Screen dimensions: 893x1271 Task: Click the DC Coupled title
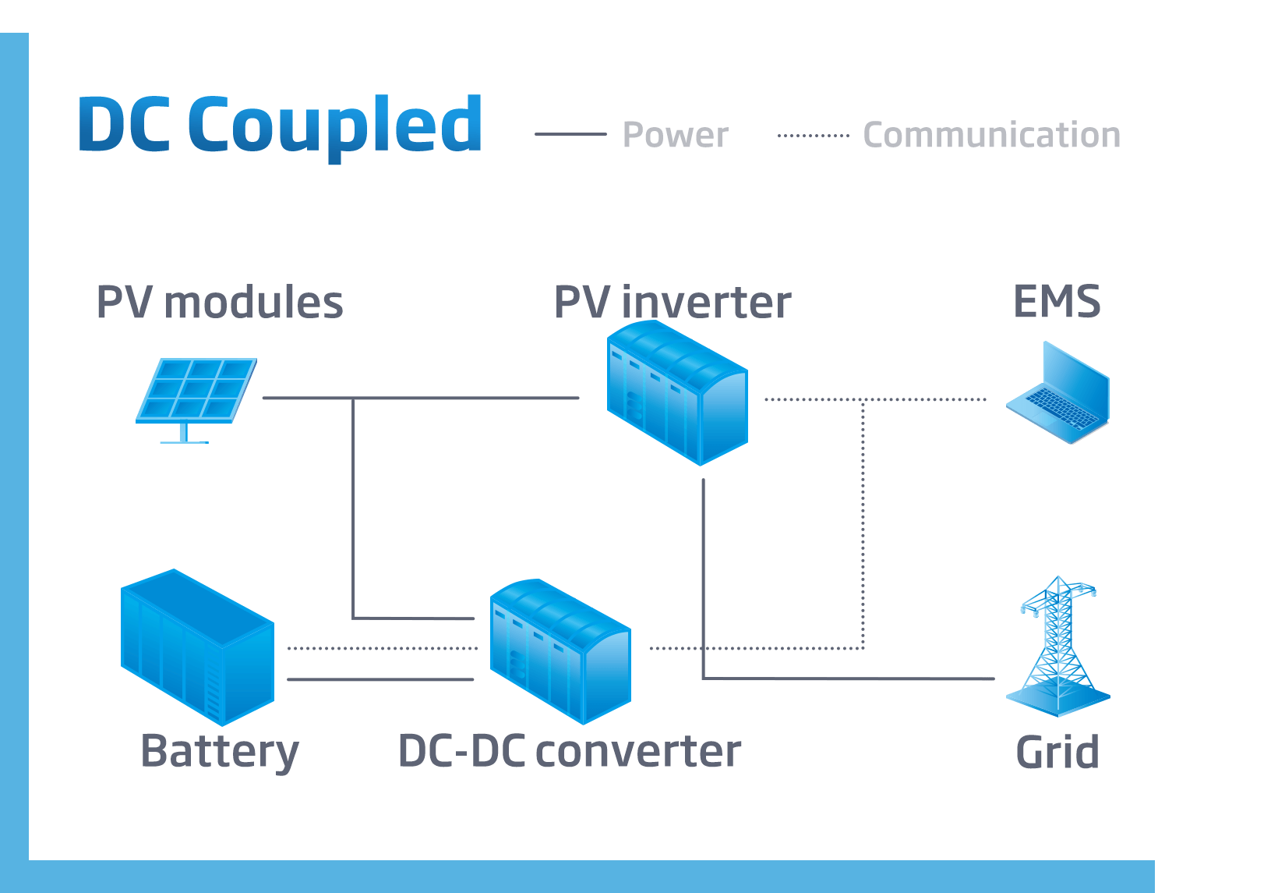pyautogui.click(x=281, y=125)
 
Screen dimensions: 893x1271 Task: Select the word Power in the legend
pyautogui.click(x=676, y=135)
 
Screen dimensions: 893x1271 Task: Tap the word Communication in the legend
pyautogui.click(x=991, y=135)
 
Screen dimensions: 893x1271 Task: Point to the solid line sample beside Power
pyautogui.click(x=570, y=134)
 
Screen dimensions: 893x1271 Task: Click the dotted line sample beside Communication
pyautogui.click(x=814, y=135)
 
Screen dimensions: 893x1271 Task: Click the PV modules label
pyautogui.click(x=219, y=303)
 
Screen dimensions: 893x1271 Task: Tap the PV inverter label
pyautogui.click(x=672, y=303)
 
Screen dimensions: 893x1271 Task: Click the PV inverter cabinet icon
pyautogui.click(x=676, y=393)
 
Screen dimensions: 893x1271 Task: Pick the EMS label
pyautogui.click(x=1057, y=302)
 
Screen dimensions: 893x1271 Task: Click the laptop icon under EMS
pyautogui.click(x=1058, y=394)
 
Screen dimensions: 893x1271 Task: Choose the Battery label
pyautogui.click(x=219, y=752)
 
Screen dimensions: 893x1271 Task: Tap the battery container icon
pyautogui.click(x=197, y=647)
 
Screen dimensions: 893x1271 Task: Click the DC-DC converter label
pyautogui.click(x=569, y=752)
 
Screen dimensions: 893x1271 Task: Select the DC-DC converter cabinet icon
pyautogui.click(x=560, y=651)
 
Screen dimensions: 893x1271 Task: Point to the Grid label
pyautogui.click(x=1057, y=753)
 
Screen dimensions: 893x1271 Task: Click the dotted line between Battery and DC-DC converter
pyautogui.click(x=382, y=648)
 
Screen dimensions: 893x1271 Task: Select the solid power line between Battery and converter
pyautogui.click(x=380, y=679)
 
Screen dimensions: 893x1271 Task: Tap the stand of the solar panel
pyautogui.click(x=185, y=434)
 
